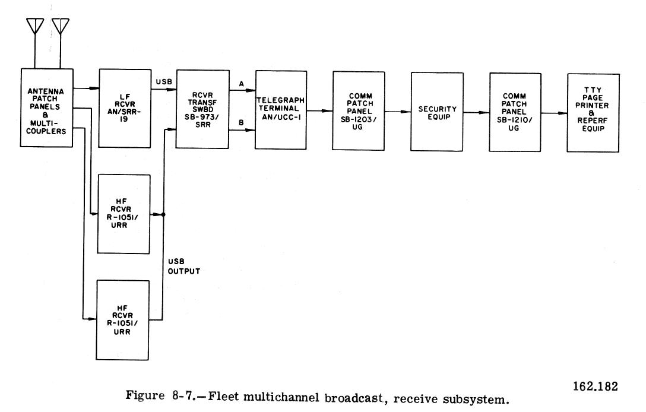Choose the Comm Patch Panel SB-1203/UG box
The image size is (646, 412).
[358, 111]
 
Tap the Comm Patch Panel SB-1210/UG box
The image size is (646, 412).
[515, 112]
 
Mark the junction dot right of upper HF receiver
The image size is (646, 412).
[163, 214]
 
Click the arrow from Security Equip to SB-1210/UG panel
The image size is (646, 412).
[476, 112]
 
